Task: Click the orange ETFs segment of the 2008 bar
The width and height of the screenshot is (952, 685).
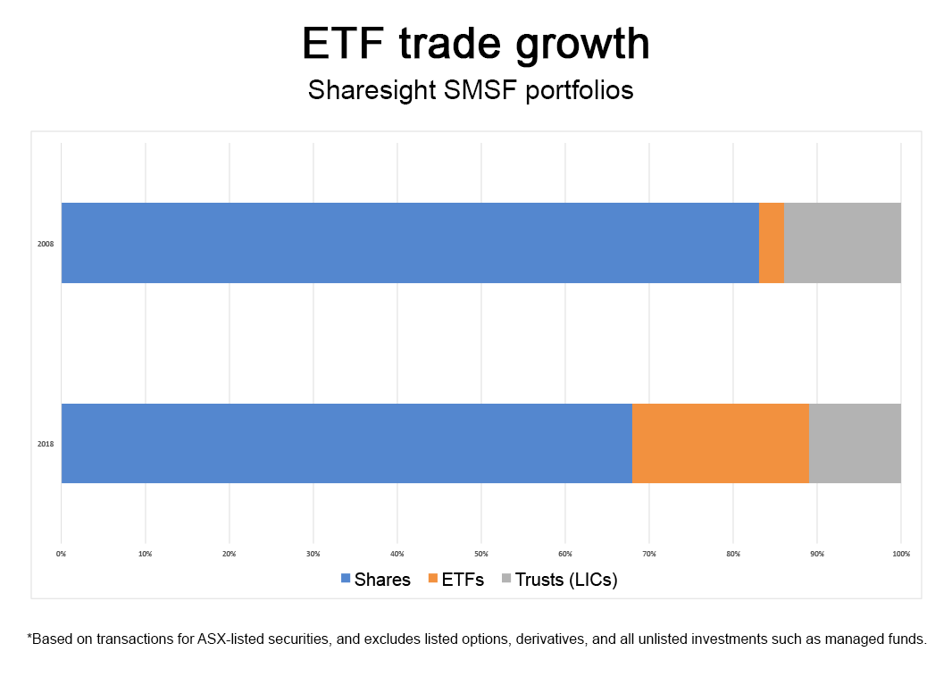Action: [772, 243]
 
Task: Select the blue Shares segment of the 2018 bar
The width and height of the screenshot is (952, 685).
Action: [347, 443]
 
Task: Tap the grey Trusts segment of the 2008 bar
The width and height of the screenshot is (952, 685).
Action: [842, 243]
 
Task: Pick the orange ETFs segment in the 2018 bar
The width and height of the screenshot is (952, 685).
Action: [720, 443]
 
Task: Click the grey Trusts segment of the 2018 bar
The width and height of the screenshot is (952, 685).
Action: [855, 443]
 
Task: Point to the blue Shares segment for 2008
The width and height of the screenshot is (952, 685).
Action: [410, 243]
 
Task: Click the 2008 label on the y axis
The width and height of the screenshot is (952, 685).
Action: [46, 243]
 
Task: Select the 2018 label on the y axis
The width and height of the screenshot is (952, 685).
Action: [46, 444]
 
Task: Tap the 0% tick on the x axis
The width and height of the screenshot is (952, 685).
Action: [61, 555]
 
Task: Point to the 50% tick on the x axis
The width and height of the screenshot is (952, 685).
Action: [481, 555]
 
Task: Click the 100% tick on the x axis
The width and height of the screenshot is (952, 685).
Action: [900, 555]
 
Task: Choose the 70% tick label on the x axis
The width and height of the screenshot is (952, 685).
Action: [649, 555]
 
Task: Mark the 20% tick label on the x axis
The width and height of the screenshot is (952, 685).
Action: [229, 555]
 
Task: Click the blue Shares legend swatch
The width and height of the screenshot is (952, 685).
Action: [346, 580]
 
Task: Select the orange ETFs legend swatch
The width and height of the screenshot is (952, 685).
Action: [433, 580]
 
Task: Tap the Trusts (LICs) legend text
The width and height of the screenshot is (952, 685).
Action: [566, 580]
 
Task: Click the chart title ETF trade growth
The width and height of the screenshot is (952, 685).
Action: [476, 45]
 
